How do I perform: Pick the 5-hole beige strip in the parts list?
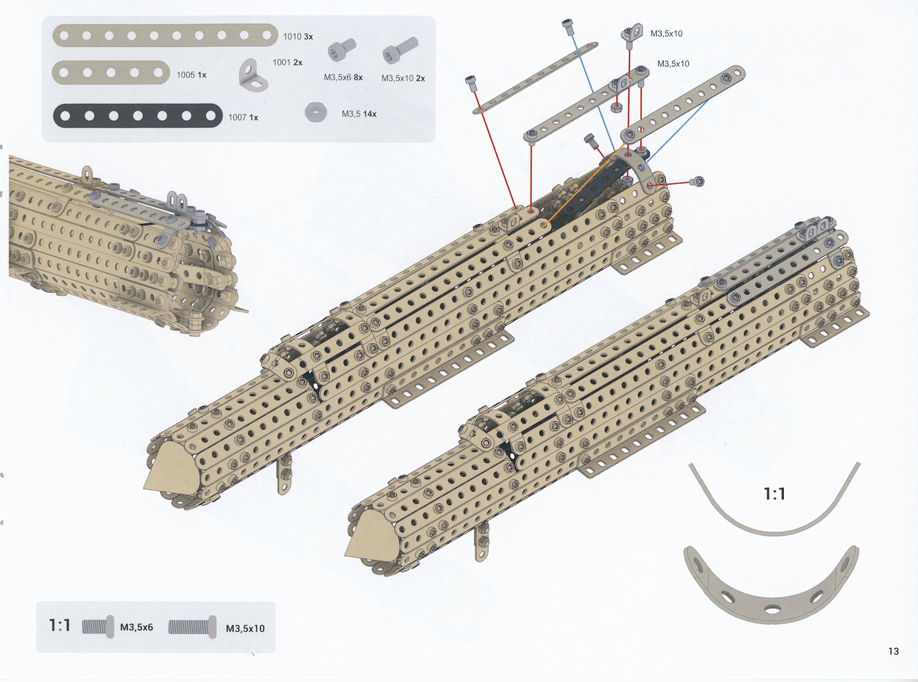coord(111,73)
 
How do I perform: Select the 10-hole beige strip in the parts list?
coord(165,36)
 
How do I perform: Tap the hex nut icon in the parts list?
coord(316,112)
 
